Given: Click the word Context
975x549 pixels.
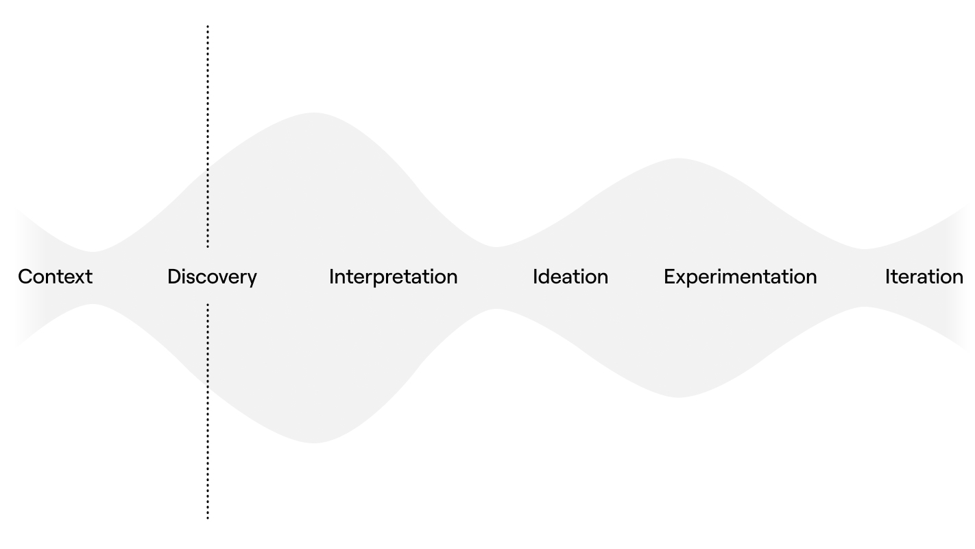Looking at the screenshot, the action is click(x=56, y=277).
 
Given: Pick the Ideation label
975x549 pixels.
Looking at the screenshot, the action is click(x=570, y=277).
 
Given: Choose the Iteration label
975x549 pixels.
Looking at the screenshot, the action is click(x=924, y=277).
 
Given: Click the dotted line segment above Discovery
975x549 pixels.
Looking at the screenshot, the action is click(x=208, y=137).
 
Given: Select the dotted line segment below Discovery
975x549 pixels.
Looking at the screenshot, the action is click(x=208, y=411).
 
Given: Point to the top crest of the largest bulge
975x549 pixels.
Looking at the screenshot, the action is click(x=313, y=113).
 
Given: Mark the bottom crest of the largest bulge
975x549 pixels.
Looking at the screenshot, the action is click(x=313, y=443).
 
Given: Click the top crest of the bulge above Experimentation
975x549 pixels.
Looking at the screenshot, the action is click(x=678, y=159).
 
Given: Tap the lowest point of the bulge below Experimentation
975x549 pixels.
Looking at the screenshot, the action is click(x=677, y=397).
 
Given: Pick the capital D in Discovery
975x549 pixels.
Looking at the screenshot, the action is click(x=175, y=277).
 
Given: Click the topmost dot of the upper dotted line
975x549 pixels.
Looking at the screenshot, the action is click(x=208, y=27).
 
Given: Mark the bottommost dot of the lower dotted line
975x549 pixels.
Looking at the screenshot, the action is click(x=208, y=518).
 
